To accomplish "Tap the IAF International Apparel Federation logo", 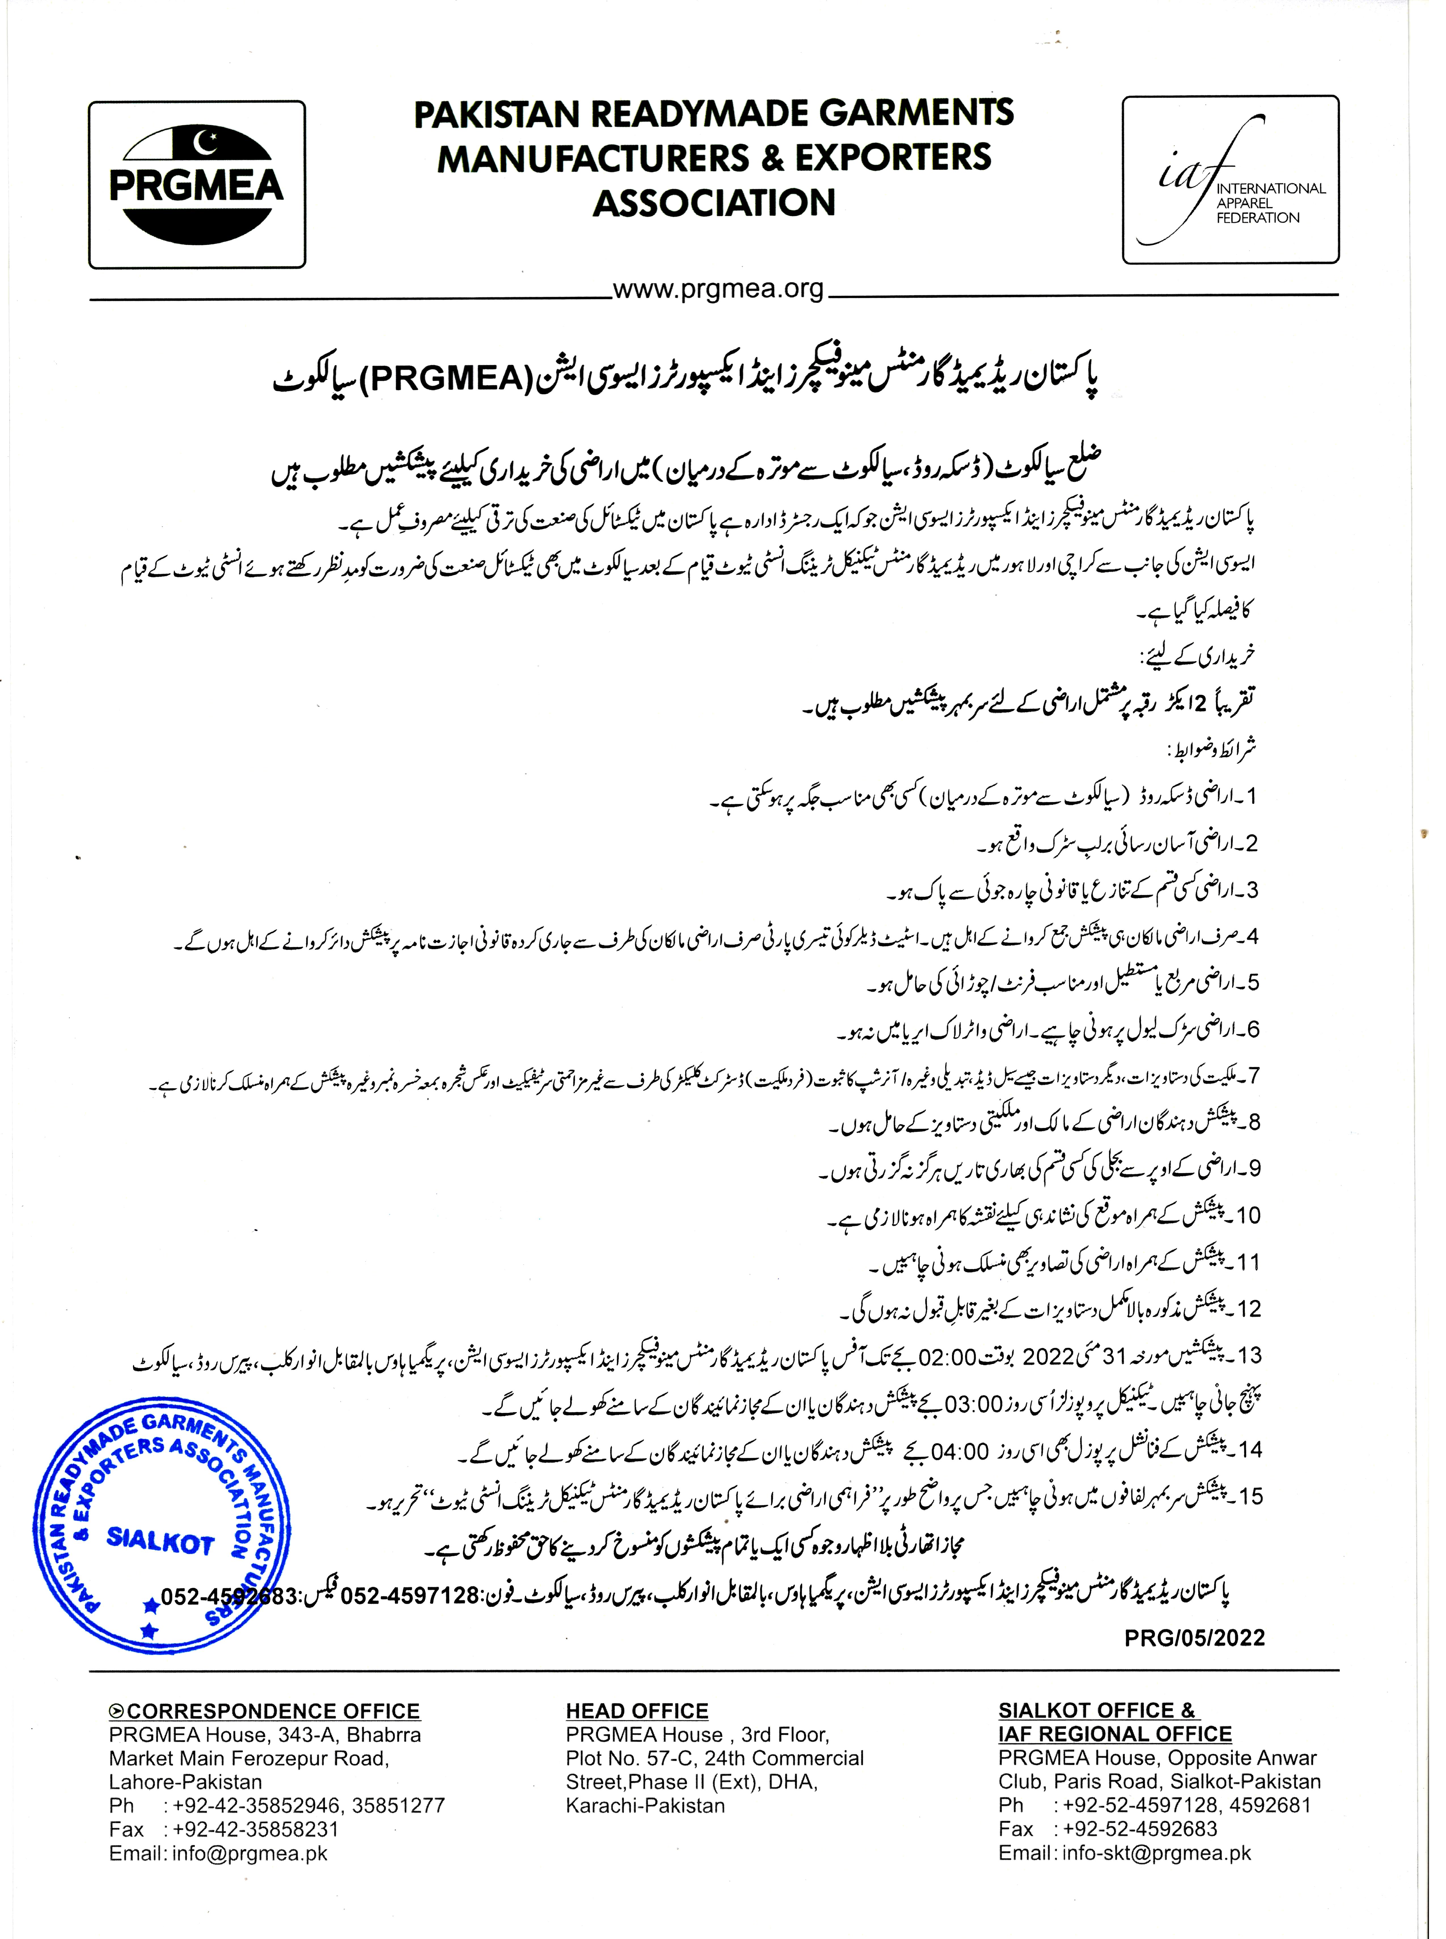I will pos(1230,180).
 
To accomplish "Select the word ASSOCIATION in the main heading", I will pos(714,203).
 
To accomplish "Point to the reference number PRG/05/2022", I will pos(1194,1638).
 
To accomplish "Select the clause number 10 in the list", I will pos(1247,1215).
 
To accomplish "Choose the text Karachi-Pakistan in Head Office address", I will pos(645,1806).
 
